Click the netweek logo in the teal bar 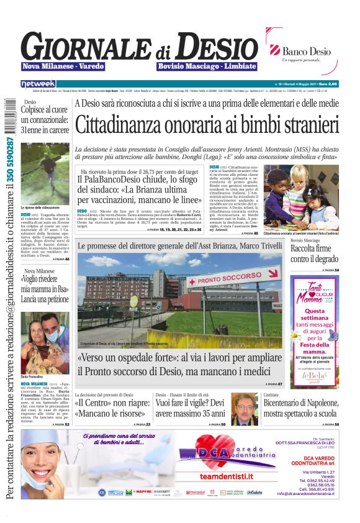(38, 83)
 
